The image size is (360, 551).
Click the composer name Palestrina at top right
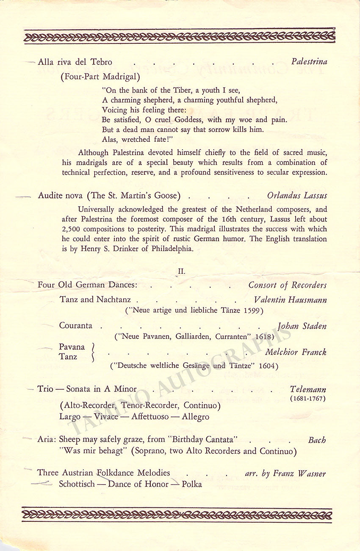click(x=309, y=62)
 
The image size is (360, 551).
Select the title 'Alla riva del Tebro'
click(x=75, y=62)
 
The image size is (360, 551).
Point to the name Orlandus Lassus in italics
click(x=297, y=196)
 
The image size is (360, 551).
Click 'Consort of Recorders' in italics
click(x=288, y=285)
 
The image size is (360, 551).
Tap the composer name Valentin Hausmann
click(x=290, y=300)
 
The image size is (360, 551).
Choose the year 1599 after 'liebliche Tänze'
click(x=253, y=310)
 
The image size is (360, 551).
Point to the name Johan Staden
click(x=302, y=326)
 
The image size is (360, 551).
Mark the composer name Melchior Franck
click(x=296, y=352)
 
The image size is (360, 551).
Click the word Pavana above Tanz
click(x=72, y=347)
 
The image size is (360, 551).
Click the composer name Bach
click(x=317, y=441)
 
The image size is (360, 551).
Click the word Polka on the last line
click(x=192, y=484)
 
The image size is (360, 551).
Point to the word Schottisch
click(x=77, y=484)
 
